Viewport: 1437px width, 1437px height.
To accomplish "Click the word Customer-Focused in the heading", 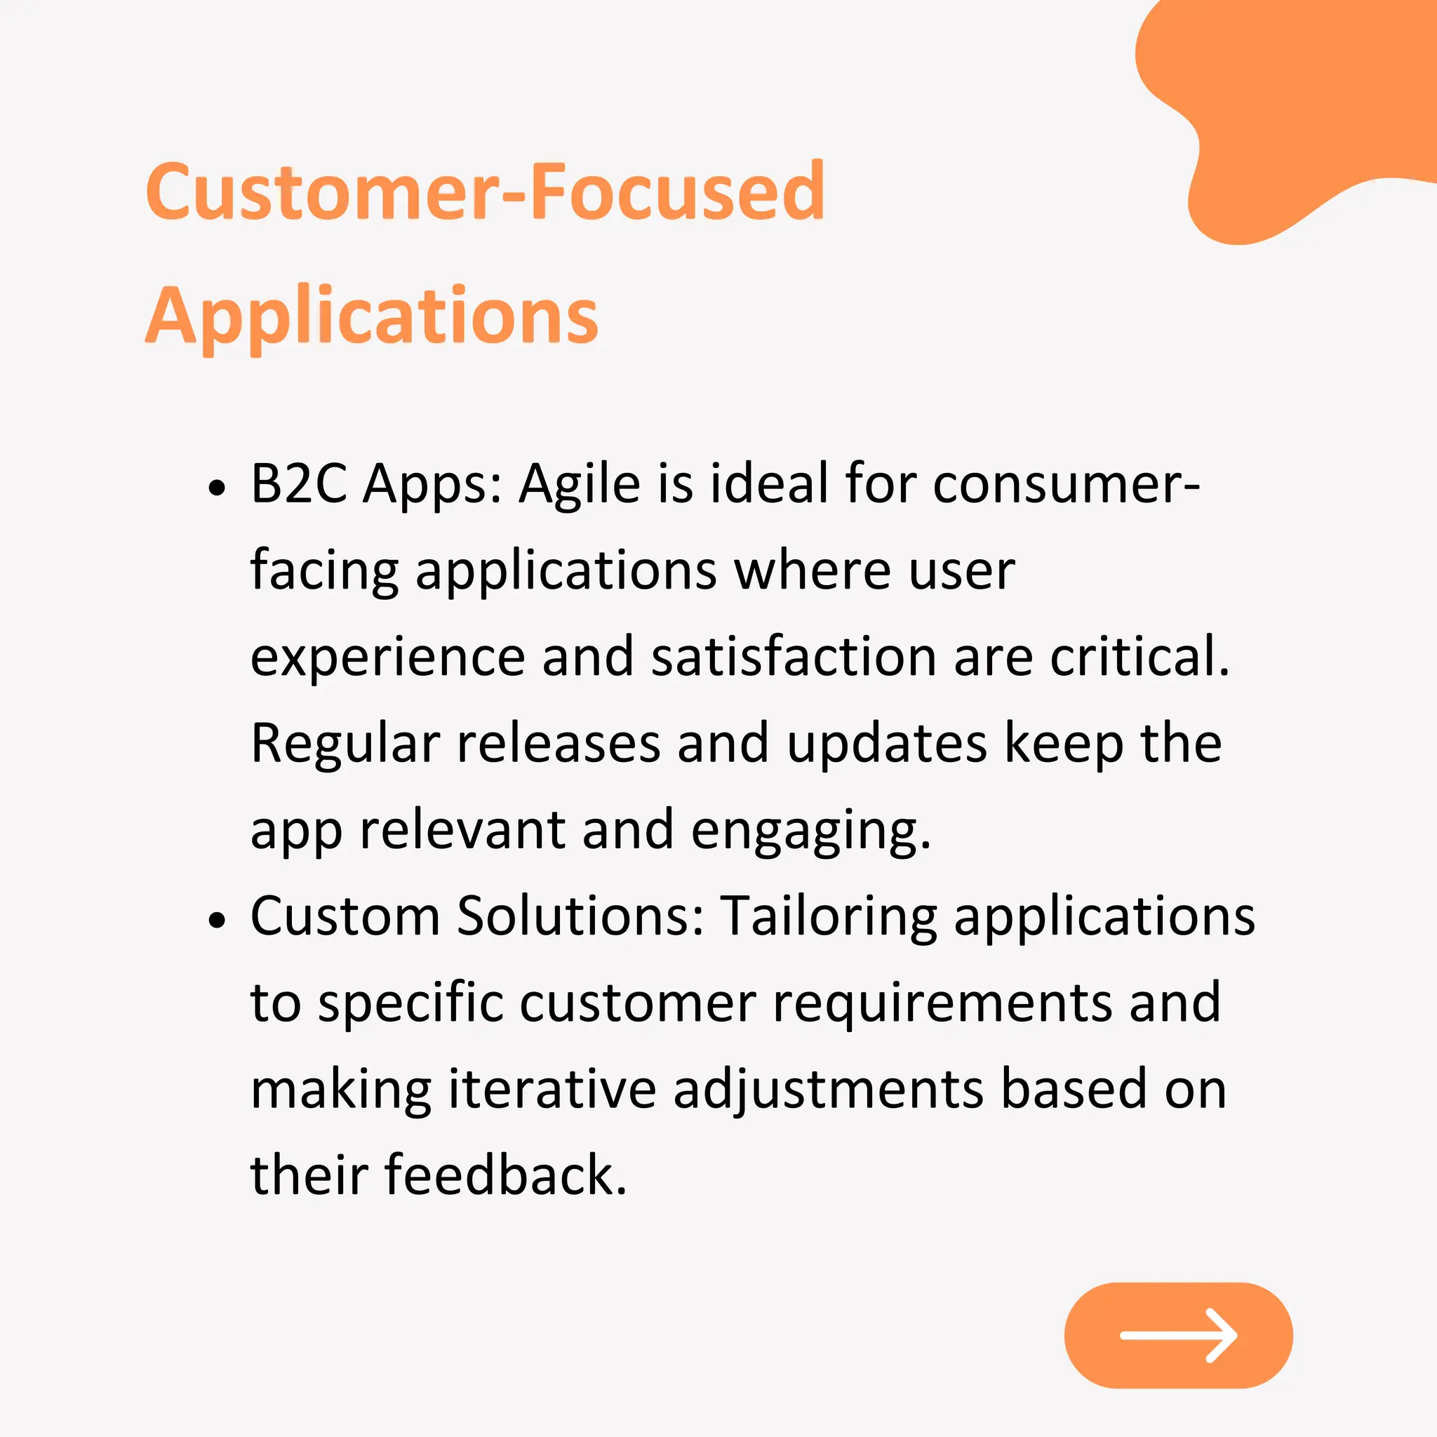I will pyautogui.click(x=485, y=192).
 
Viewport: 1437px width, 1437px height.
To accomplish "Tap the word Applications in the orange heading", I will pyautogui.click(x=372, y=317).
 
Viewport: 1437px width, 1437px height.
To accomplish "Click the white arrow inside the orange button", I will pyautogui.click(x=1178, y=1335).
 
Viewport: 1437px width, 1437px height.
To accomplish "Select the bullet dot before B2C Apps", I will pyautogui.click(x=216, y=488).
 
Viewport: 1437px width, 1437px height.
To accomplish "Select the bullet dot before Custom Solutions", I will pyautogui.click(x=216, y=921).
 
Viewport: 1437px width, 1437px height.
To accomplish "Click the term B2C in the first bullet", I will pyautogui.click(x=298, y=484).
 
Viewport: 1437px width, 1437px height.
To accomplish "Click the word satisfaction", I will pyautogui.click(x=793, y=657).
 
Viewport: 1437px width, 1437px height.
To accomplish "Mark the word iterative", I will pyautogui.click(x=552, y=1089).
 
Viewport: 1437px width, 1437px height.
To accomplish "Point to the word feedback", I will pyautogui.click(x=505, y=1175).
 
